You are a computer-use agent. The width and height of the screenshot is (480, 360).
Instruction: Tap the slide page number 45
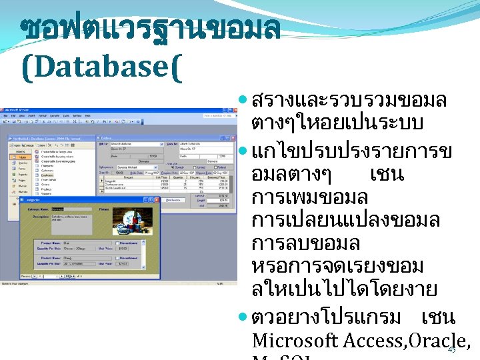451,350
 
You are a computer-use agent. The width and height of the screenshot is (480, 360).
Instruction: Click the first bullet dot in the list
244,101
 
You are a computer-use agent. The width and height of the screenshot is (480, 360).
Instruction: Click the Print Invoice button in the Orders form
174,199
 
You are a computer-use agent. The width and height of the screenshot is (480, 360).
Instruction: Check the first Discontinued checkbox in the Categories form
117,243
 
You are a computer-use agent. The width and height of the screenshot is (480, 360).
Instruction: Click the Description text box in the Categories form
73,219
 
